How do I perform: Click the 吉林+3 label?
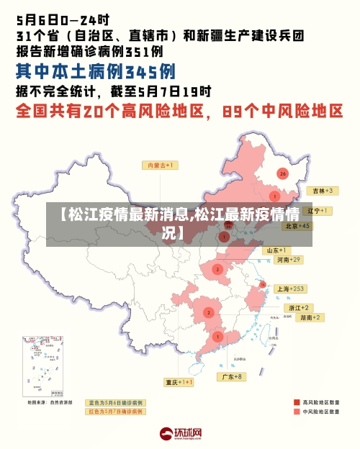(x=320, y=191)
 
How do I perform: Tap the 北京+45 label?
(x=297, y=225)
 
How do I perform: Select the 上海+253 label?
(x=291, y=289)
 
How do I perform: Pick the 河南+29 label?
(x=287, y=259)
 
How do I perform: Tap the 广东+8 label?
(x=233, y=376)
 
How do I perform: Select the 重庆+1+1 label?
(x=179, y=382)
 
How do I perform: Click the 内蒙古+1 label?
(x=162, y=165)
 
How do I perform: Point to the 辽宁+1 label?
(x=318, y=211)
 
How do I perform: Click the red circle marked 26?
(x=282, y=173)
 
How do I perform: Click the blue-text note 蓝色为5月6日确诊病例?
(x=115, y=403)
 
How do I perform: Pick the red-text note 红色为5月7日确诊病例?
(x=115, y=412)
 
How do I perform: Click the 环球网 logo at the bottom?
(x=181, y=434)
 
